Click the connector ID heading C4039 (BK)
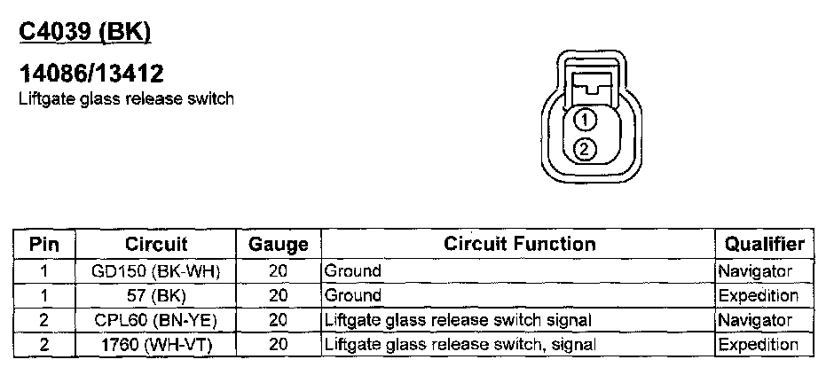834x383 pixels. tap(85, 31)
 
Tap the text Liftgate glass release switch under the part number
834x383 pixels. tap(126, 98)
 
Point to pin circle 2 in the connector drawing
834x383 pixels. tap(584, 149)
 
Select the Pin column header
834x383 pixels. tap(44, 243)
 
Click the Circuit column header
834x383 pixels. tap(156, 243)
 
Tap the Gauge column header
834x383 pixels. tap(278, 244)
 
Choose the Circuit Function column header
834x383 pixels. tap(519, 243)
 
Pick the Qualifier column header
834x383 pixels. tap(764, 243)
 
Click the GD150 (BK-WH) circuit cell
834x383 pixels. tap(156, 271)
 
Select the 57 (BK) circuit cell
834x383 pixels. tap(156, 295)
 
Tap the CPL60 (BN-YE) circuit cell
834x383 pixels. tap(156, 319)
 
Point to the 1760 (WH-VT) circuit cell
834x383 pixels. tap(156, 344)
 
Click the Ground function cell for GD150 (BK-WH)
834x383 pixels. tap(353, 271)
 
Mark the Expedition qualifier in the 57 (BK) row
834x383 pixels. tap(759, 295)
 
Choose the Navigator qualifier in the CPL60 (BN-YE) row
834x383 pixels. tap(755, 319)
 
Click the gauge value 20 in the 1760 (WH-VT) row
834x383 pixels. tap(278, 344)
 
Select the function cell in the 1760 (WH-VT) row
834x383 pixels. tap(460, 344)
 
